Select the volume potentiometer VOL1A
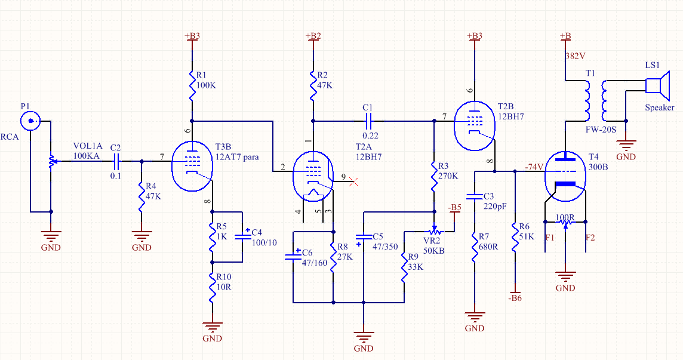coord(51,161)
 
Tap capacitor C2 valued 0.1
coord(116,161)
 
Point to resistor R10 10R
coord(212,291)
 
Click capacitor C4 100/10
coord(242,236)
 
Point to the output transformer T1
coord(595,101)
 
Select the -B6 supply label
coord(515,297)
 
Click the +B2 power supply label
coord(313,36)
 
